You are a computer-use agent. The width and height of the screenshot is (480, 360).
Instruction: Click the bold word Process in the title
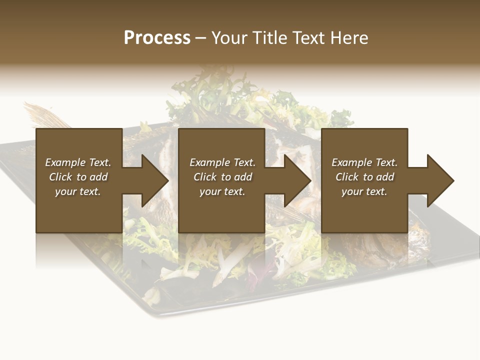pyautogui.click(x=157, y=37)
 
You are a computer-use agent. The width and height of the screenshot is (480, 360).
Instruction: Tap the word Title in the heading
pyautogui.click(x=270, y=37)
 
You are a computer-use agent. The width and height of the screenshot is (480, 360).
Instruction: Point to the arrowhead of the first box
pyautogui.click(x=153, y=180)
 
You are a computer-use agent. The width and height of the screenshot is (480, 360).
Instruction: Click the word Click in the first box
pyautogui.click(x=60, y=177)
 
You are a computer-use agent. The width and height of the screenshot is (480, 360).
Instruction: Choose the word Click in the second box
pyautogui.click(x=205, y=177)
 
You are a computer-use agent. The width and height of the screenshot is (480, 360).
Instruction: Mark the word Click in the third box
pyautogui.click(x=347, y=177)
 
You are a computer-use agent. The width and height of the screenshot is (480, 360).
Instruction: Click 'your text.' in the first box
pyautogui.click(x=77, y=191)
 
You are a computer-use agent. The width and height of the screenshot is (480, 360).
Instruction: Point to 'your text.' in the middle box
pyautogui.click(x=222, y=191)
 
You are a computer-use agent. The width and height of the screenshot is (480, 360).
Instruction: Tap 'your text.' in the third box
pyautogui.click(x=364, y=191)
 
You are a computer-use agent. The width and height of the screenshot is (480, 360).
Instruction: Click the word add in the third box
pyautogui.click(x=385, y=177)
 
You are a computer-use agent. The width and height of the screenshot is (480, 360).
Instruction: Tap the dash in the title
pyautogui.click(x=200, y=38)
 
